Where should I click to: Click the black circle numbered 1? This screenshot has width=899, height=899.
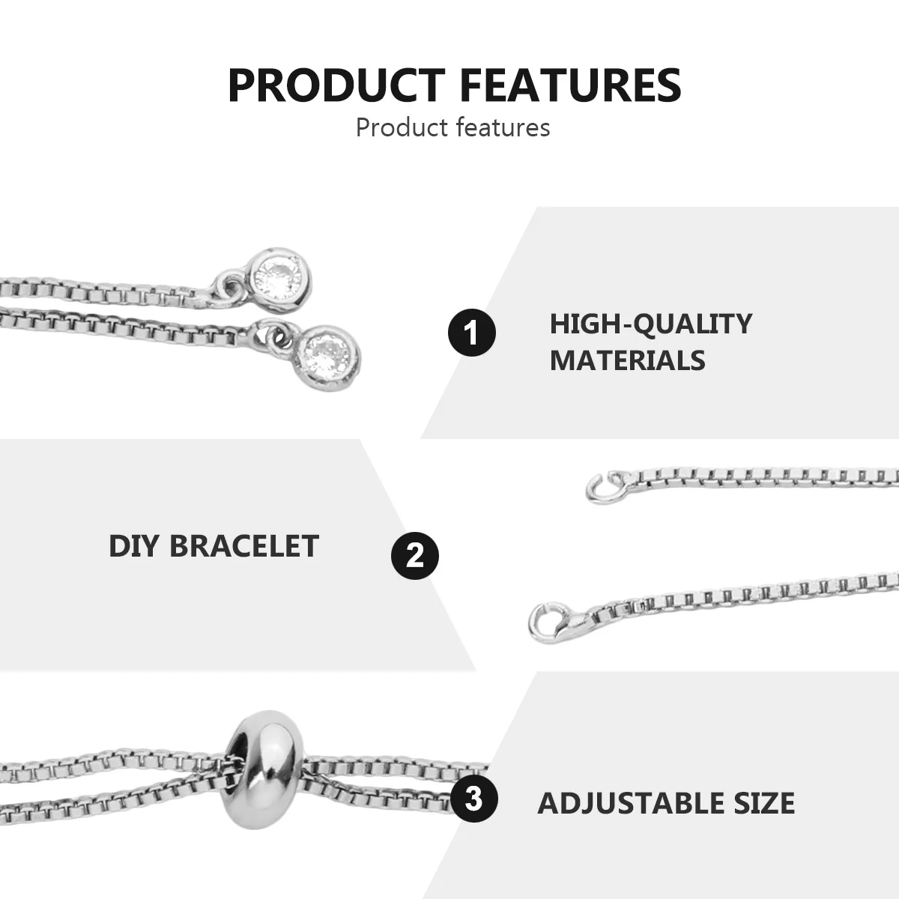coord(472,332)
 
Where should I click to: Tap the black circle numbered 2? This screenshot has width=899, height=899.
coord(415,556)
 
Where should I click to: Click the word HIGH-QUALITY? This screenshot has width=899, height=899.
coord(650,324)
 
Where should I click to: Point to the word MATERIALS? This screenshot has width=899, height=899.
coord(627,360)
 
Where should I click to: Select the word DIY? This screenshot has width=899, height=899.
coord(134,546)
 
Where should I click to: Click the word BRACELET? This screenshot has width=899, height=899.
coord(244,546)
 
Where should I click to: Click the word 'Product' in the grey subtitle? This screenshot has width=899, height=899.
coord(401,127)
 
